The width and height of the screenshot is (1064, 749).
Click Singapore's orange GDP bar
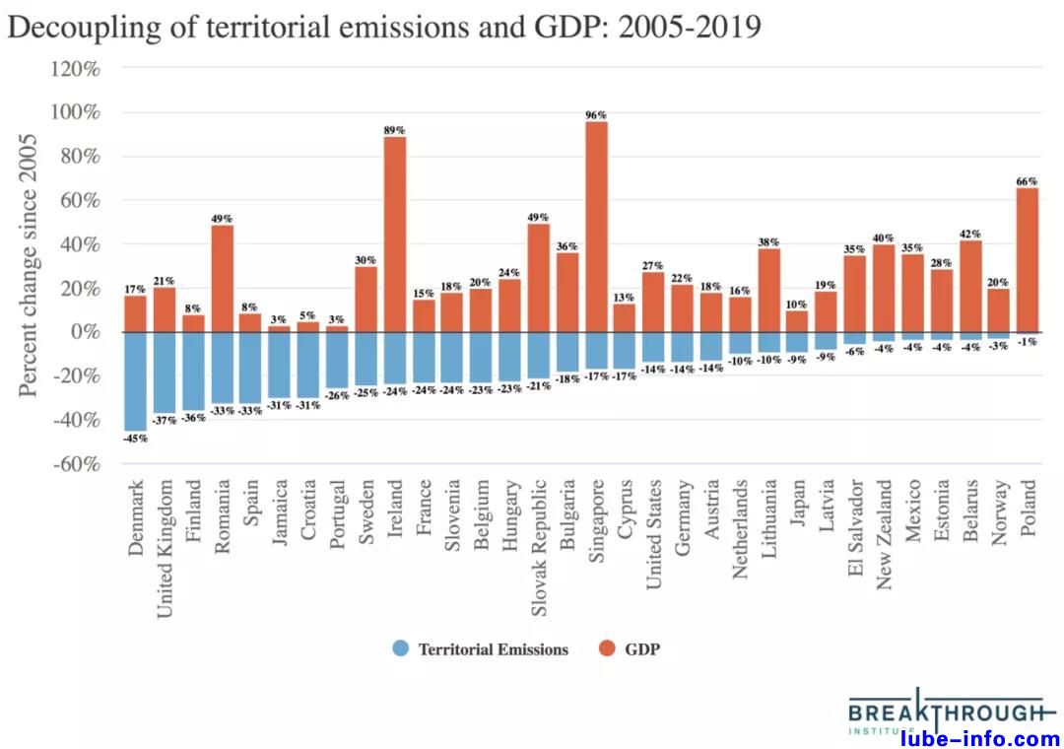point(596,227)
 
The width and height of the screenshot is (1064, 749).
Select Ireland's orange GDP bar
point(394,235)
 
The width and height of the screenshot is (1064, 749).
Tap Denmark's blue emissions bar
point(135,381)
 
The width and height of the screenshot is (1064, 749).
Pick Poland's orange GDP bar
point(1028,259)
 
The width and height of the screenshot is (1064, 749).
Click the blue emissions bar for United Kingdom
point(165,373)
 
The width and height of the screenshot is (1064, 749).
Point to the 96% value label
point(596,114)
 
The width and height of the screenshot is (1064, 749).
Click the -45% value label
point(135,439)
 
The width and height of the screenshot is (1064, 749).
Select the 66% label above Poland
point(1028,180)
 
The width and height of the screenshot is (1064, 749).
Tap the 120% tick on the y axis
point(76,69)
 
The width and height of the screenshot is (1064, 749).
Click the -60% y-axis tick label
point(76,464)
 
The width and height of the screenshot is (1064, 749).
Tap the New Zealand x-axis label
point(885,536)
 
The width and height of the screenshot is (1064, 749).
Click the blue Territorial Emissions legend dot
point(399,649)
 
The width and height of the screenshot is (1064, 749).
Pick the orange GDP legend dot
point(606,649)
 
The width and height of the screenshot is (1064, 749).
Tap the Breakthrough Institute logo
point(944,713)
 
